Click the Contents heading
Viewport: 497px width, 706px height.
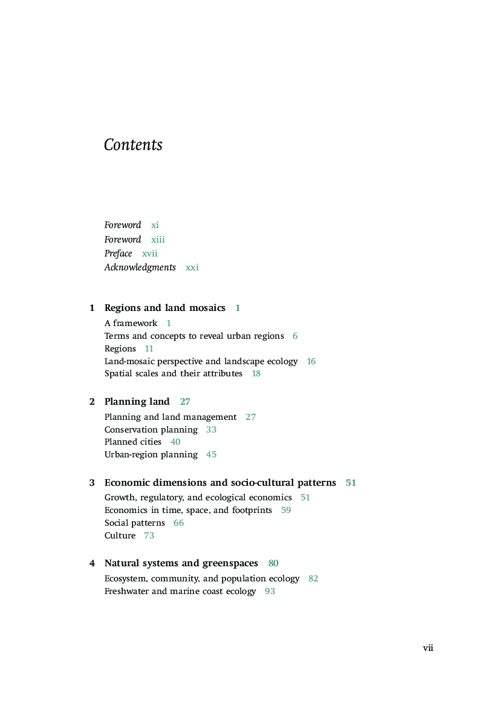[x=133, y=145]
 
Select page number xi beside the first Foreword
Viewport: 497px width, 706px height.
[x=155, y=225]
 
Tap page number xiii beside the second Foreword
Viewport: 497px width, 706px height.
[x=158, y=240]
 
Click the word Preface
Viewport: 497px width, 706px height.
[x=118, y=253]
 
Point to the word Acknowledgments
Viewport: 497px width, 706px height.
[x=140, y=267]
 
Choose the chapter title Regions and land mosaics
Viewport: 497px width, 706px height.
[x=164, y=308]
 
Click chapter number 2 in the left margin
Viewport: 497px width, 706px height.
[x=92, y=402]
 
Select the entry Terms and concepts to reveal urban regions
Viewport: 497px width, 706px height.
[x=194, y=336]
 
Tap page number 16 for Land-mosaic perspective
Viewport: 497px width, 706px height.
[x=311, y=361]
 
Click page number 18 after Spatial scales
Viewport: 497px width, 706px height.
[x=256, y=374]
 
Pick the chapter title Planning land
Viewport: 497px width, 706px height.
[x=137, y=402]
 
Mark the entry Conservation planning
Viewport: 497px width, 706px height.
[x=151, y=430]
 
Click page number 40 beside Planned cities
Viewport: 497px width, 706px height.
[x=175, y=442]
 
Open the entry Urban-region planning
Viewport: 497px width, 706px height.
[x=151, y=454]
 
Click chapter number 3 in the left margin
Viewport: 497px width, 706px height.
[x=92, y=483]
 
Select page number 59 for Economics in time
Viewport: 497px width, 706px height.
[x=286, y=510]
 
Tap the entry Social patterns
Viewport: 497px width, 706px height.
[x=134, y=523]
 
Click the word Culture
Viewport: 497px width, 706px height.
[x=120, y=535]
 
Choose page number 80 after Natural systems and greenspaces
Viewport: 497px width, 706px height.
[x=273, y=563]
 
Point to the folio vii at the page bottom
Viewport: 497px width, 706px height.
[x=428, y=648]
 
